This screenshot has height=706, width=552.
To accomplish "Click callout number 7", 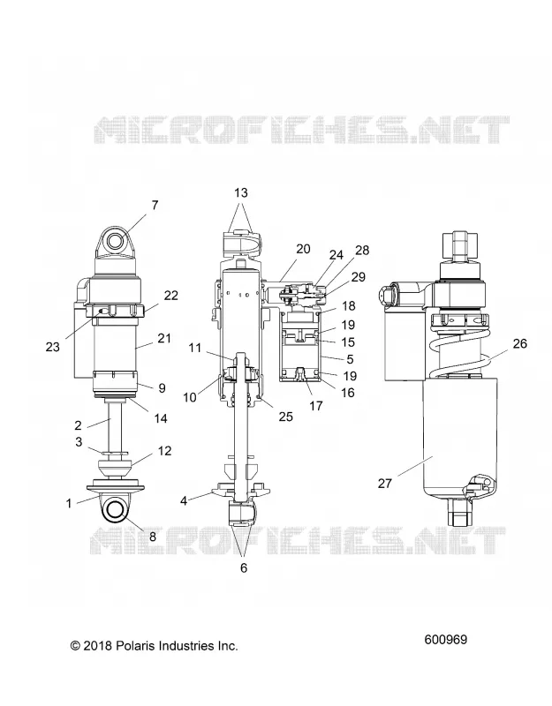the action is [155, 205].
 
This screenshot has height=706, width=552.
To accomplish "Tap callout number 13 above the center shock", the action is [241, 192].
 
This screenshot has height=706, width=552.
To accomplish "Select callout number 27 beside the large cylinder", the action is [385, 483].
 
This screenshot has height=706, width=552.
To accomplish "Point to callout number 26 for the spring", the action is [520, 343].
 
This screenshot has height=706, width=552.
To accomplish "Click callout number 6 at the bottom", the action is [244, 567].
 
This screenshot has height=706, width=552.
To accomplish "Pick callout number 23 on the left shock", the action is [53, 347].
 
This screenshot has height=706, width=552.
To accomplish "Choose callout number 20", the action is [303, 249].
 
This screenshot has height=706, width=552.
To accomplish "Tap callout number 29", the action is [359, 277].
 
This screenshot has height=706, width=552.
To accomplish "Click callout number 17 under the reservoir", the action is [316, 406].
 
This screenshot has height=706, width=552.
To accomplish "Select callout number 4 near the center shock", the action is [184, 500].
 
